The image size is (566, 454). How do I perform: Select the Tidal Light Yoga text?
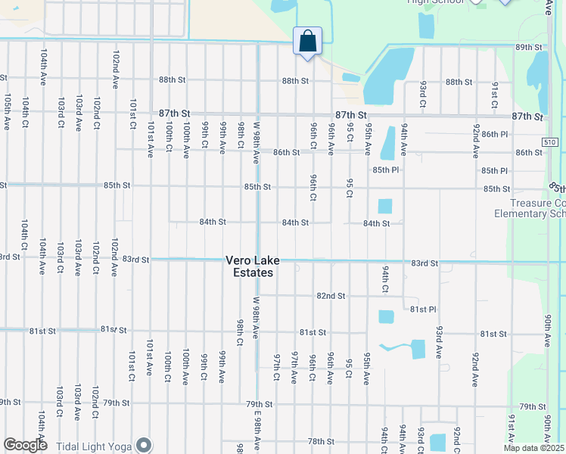click(89, 445)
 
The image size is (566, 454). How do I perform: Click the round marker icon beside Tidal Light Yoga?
click(143, 445)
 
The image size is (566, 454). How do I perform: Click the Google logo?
click(25, 445)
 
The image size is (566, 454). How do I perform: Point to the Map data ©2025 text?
click(534, 449)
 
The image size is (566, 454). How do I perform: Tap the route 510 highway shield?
click(551, 142)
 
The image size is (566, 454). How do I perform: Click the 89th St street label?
click(530, 47)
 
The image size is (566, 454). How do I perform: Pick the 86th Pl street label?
click(494, 134)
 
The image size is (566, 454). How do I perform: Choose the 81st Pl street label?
click(424, 309)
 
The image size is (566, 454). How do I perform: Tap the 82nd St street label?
click(331, 296)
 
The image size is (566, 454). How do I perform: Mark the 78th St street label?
click(320, 441)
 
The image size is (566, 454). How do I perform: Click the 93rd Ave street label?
click(439, 342)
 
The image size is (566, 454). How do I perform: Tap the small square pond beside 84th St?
click(385, 206)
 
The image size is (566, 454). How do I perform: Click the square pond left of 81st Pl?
click(386, 316)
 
